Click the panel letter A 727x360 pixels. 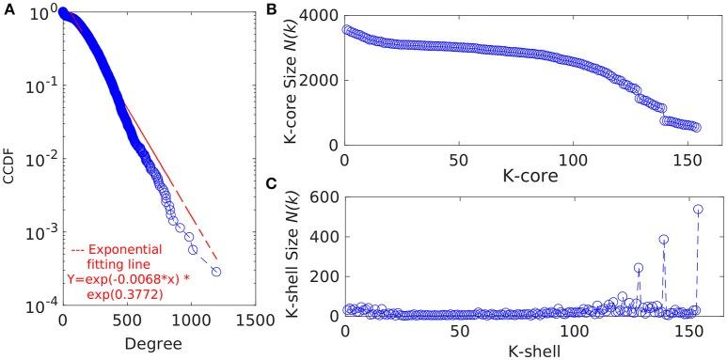(x=8, y=8)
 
